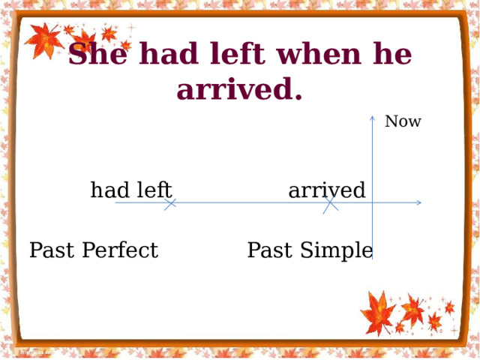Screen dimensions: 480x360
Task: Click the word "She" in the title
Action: [97, 53]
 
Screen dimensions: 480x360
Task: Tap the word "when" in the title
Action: [318, 53]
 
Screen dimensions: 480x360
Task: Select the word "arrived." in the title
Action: [239, 88]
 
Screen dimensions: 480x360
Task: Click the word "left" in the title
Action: [238, 53]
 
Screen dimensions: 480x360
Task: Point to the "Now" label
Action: [403, 121]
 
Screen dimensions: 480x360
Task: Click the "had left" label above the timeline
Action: [131, 190]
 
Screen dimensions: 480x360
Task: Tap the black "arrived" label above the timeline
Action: [327, 190]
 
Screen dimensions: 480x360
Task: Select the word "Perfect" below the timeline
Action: [120, 250]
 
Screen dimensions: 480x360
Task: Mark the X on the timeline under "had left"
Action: [170, 204]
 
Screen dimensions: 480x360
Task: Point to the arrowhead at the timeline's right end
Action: [419, 202]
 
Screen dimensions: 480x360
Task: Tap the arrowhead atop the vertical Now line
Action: [372, 118]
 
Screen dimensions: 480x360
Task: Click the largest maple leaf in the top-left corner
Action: [43, 40]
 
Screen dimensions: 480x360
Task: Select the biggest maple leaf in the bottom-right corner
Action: [378, 313]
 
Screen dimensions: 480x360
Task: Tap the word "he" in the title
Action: [392, 53]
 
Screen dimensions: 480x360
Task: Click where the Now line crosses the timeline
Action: [372, 202]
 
